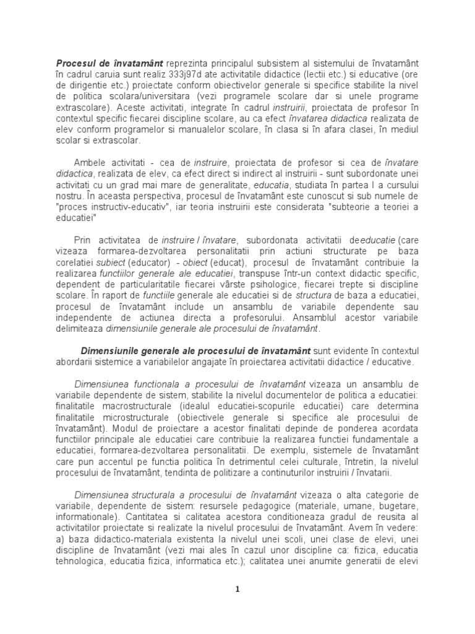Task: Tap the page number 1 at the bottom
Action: coord(237,589)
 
